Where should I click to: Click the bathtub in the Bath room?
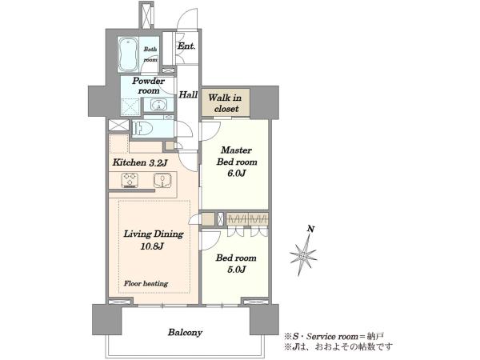pos(128,54)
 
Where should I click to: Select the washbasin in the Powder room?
pos(158,105)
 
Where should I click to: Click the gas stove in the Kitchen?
pos(130,180)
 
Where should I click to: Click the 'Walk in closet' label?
pos(226,103)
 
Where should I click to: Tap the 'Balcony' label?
pos(185,332)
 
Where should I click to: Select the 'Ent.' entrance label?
pos(186,46)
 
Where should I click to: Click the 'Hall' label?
pos(188,94)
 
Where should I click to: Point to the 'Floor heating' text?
pos(146,283)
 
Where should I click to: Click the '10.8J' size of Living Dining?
pos(152,246)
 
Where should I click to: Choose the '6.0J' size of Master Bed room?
pos(236,174)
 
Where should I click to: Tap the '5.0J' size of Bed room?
pos(236,269)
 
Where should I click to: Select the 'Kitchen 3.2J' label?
pos(139,162)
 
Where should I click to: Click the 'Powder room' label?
pos(149,86)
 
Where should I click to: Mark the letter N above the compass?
pos(311,229)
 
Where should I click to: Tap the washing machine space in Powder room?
pos(130,107)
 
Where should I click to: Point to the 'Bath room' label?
pos(150,54)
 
